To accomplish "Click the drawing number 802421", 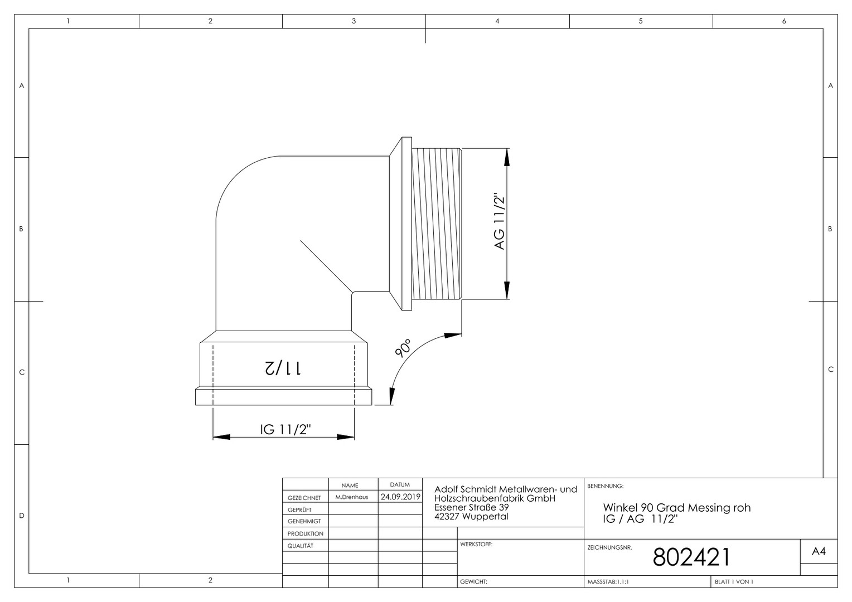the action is pyautogui.click(x=691, y=557).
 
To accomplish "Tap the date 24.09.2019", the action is pyautogui.click(x=400, y=497).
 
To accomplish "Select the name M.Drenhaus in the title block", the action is pyautogui.click(x=351, y=497).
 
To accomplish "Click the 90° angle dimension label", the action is pyautogui.click(x=403, y=348).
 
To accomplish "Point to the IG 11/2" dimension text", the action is pyautogui.click(x=285, y=430).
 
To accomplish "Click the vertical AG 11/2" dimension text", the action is pyautogui.click(x=499, y=222).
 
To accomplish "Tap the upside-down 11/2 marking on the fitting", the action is pyautogui.click(x=283, y=368).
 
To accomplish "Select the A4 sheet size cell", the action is pyautogui.click(x=819, y=551).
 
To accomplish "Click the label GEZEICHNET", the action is pyautogui.click(x=304, y=498).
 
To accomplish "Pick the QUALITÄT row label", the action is pyautogui.click(x=301, y=546).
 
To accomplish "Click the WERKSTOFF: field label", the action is pyautogui.click(x=476, y=544).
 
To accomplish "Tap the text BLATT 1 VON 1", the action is pyautogui.click(x=734, y=581).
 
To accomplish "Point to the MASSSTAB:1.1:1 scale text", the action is pyautogui.click(x=608, y=582).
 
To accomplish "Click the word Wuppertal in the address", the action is pyautogui.click(x=485, y=516).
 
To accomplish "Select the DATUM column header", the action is pyautogui.click(x=400, y=484).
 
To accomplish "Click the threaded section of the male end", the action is pyautogui.click(x=437, y=224).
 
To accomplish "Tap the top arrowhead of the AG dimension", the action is pyautogui.click(x=507, y=157).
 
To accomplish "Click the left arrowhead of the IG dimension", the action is pyautogui.click(x=221, y=437).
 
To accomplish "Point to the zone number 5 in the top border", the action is pyautogui.click(x=641, y=21).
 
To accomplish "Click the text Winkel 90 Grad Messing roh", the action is pyautogui.click(x=677, y=508).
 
